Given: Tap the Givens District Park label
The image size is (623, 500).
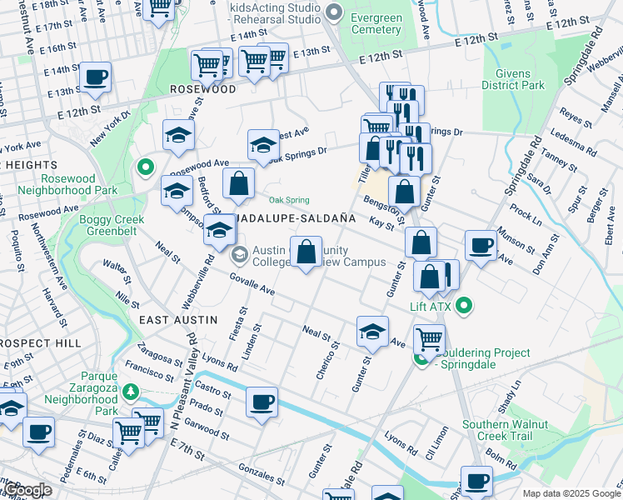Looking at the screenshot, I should pyautogui.click(x=513, y=78).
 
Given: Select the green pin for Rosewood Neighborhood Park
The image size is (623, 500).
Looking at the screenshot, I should pyautogui.click(x=146, y=168).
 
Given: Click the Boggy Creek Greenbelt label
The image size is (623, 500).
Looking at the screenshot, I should pyautogui.click(x=112, y=226).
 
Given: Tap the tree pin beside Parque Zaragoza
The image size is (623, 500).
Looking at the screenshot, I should pyautogui.click(x=130, y=391).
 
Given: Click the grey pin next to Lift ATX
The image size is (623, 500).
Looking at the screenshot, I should pyautogui.click(x=466, y=307).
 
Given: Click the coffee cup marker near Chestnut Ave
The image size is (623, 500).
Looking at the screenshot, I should pyautogui.click(x=96, y=77).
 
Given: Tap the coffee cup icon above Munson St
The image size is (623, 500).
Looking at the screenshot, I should pyautogui.click(x=480, y=245).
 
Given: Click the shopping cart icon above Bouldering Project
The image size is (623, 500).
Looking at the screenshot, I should pyautogui.click(x=429, y=338).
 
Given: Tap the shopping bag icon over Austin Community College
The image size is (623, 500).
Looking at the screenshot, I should pyautogui.click(x=306, y=251).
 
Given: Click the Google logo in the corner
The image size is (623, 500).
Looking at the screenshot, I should pyautogui.click(x=27, y=490).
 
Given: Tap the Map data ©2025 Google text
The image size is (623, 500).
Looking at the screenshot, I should pyautogui.click(x=571, y=493).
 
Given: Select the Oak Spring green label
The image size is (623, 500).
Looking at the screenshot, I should pyautogui.click(x=289, y=200).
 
